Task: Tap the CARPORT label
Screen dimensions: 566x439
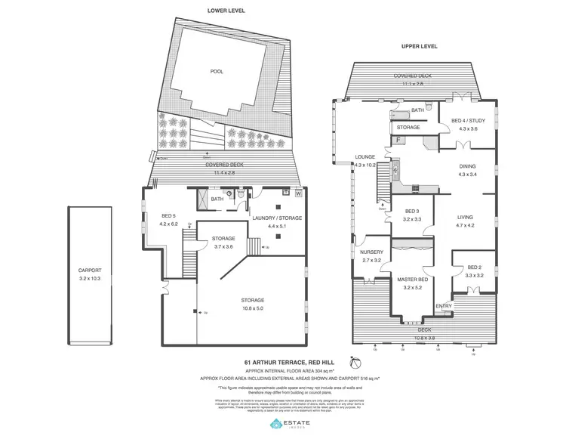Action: [x=90, y=269]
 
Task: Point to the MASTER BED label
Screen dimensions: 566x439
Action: [x=413, y=280]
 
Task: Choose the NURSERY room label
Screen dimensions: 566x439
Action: [x=371, y=252]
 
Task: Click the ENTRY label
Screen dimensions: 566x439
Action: [x=444, y=305]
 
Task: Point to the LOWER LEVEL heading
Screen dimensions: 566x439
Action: [x=225, y=10]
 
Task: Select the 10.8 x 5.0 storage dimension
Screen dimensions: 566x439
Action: [x=254, y=308]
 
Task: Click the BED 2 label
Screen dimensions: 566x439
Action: [x=474, y=267]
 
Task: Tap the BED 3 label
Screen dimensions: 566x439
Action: [x=411, y=211]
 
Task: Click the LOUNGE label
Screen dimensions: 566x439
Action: [x=365, y=157]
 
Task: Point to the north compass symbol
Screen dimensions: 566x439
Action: [x=350, y=362]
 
